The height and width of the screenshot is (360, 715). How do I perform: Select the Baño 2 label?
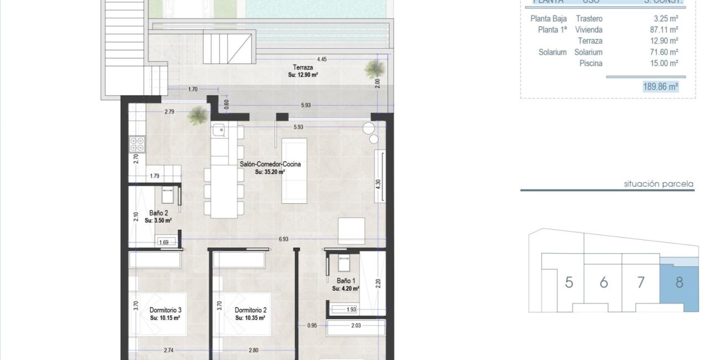158,213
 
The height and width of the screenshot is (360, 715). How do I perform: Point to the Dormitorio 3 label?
166,310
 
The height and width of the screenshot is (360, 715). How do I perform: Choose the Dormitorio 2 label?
250,310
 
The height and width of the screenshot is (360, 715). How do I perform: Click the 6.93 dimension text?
284,239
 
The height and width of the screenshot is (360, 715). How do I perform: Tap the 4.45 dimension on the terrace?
321,59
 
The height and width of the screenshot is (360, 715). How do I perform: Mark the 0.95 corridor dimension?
312,326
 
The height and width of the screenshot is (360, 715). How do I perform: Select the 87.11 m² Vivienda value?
665,30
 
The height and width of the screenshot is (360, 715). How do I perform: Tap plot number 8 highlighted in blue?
679,282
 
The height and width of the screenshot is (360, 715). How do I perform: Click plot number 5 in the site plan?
569,282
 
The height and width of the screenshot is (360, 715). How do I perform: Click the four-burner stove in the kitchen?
137,144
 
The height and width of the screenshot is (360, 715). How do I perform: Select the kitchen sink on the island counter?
219,131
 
